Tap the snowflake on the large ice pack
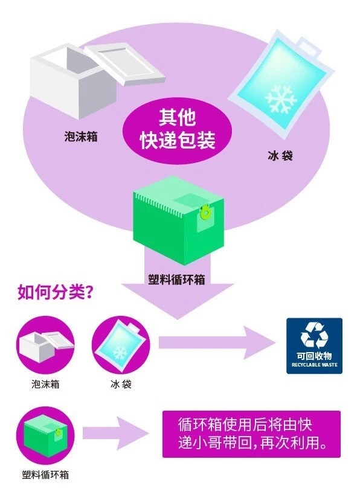[x=281, y=99]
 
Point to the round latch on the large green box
[x=206, y=213]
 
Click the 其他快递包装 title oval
[x=177, y=130]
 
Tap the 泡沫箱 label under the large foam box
[x=81, y=136]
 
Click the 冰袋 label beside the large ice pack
[x=280, y=156]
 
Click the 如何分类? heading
[x=56, y=293]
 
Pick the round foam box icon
[x=45, y=345]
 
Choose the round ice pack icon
[x=121, y=345]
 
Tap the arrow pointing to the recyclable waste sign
[x=217, y=342]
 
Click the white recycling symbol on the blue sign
[x=314, y=335]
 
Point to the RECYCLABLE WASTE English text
[x=314, y=365]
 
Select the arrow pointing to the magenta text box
[x=116, y=433]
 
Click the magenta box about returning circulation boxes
[x=251, y=434]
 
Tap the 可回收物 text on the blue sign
[x=314, y=356]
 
